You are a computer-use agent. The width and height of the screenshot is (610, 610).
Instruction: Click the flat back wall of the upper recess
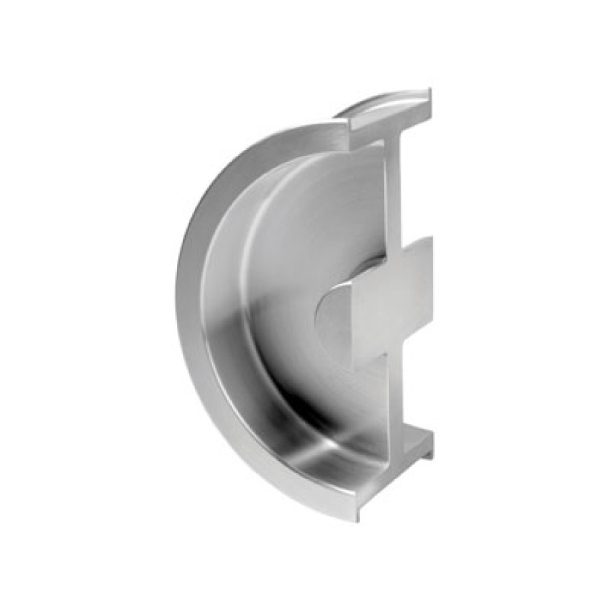tap(319, 203)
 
